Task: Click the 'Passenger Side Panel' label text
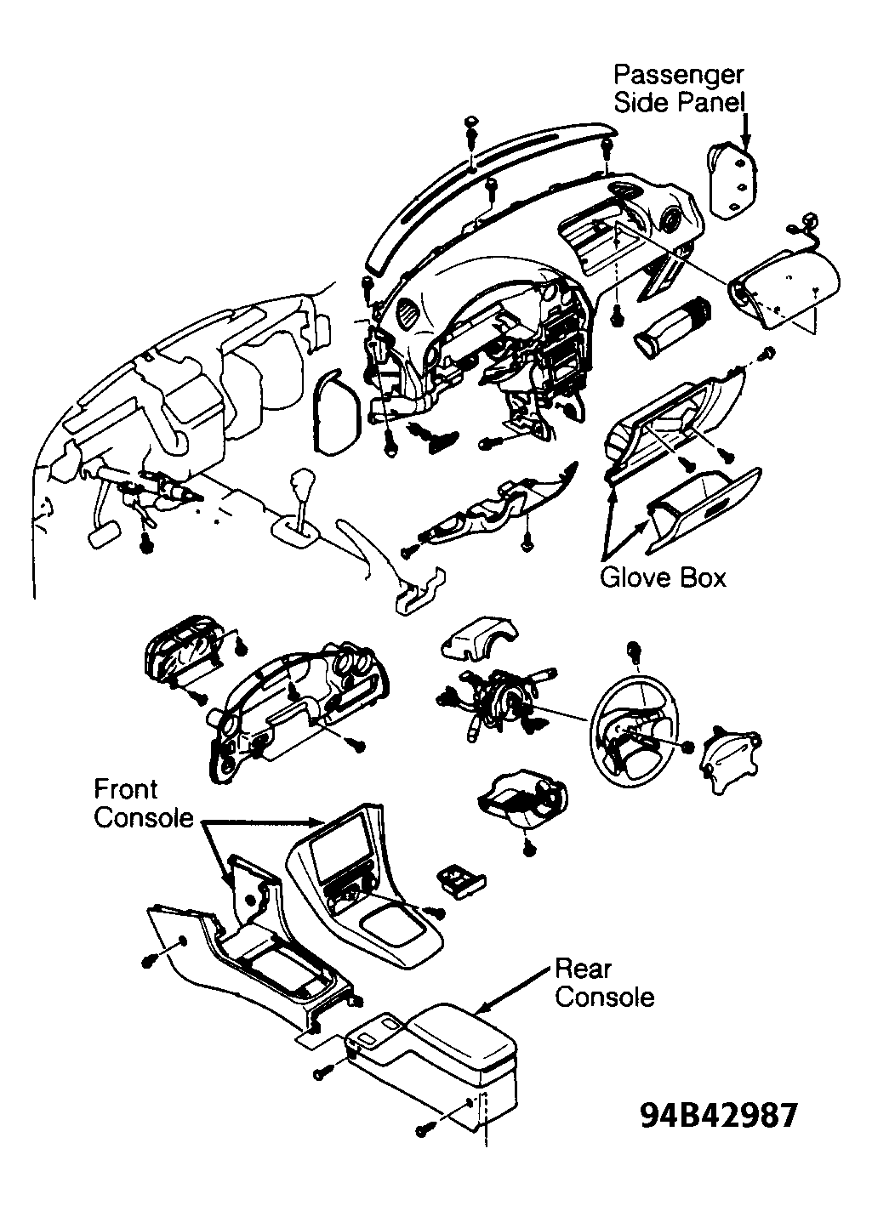(680, 88)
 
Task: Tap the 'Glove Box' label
(663, 578)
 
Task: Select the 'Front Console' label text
(144, 804)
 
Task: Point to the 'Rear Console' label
(604, 983)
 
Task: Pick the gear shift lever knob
(300, 480)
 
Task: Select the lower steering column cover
(522, 801)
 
